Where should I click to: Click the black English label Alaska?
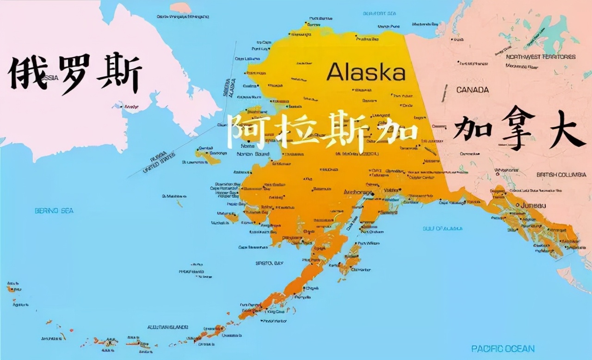[x=366, y=72]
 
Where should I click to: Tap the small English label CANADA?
[x=472, y=89]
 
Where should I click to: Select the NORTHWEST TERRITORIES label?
[x=541, y=56]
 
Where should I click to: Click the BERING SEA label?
[x=54, y=211]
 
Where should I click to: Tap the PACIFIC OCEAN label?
[x=503, y=348]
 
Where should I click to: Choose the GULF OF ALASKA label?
[x=442, y=229]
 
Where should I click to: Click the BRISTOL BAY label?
[x=269, y=263]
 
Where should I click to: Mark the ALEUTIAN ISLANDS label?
[x=167, y=327]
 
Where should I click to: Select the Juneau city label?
[x=533, y=205]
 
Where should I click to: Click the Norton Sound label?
[x=253, y=154]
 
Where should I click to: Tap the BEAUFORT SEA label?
[x=380, y=13]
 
